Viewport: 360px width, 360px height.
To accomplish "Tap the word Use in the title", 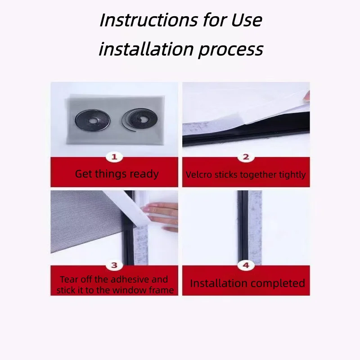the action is [x=247, y=20].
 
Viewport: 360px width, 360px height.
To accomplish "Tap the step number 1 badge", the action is [x=114, y=157].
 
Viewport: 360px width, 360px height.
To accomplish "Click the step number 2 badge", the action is [x=246, y=157].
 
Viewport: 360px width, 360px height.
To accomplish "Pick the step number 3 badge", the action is [x=114, y=265].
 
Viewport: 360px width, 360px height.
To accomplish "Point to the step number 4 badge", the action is [x=246, y=265].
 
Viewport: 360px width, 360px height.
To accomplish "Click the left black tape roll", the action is [x=93, y=120].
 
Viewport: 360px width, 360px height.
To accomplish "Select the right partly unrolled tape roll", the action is [x=139, y=120].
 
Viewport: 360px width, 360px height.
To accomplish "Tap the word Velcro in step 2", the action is [x=199, y=175].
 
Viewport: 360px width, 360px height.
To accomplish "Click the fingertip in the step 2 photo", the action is [x=306, y=96].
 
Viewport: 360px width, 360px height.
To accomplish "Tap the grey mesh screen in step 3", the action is [x=85, y=220].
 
